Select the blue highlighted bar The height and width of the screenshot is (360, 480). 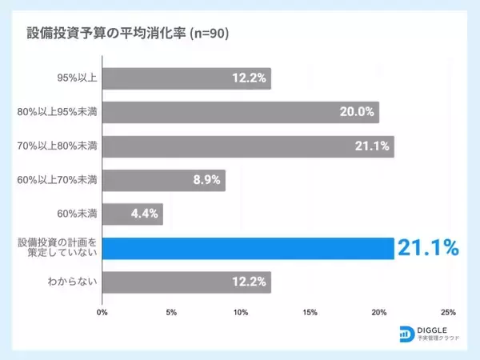pos(248,248)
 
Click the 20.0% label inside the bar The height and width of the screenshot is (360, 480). pos(357,112)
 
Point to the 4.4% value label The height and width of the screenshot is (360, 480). pos(145,214)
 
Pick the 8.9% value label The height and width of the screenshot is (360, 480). pos(207,180)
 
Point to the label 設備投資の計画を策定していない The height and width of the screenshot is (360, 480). pos(58,248)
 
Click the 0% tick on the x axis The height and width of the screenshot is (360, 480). pos(102,313)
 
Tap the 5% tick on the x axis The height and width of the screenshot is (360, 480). pos(171,313)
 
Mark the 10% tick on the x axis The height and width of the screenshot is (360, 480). pos(240,313)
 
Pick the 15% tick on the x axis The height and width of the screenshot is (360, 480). pos(310,313)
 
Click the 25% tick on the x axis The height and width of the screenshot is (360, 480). pos(448,313)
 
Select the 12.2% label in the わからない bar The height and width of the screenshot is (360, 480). pos(249,282)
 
